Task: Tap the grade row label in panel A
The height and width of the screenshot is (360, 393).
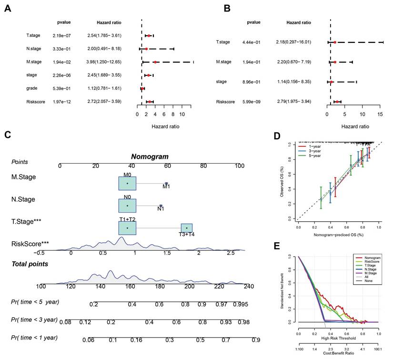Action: pyautogui.click(x=32, y=88)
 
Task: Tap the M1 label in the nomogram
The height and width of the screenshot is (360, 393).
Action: pyautogui.click(x=166, y=186)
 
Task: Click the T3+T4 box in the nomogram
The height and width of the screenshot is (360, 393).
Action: pyautogui.click(x=187, y=228)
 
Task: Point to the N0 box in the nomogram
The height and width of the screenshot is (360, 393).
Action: pyautogui.click(x=128, y=206)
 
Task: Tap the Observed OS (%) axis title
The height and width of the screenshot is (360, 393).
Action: pyautogui.click(x=282, y=182)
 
